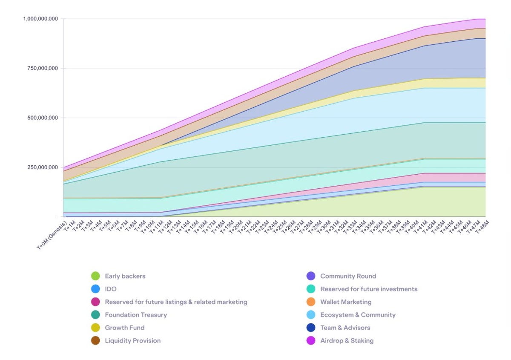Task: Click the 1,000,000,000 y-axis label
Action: [40, 19]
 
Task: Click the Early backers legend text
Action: [125, 276]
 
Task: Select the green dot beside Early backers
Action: [95, 276]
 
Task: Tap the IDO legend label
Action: [111, 289]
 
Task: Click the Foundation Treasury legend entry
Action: [136, 315]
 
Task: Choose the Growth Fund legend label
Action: [125, 328]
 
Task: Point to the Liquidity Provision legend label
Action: [133, 340]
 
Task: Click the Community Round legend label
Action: [348, 276]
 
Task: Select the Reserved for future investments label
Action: [369, 289]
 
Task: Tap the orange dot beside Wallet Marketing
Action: [311, 302]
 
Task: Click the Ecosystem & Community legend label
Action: [358, 315]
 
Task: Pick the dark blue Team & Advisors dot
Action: [311, 328]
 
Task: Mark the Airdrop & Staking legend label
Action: [347, 340]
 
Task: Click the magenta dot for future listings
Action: [95, 302]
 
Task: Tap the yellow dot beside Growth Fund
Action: [95, 328]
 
